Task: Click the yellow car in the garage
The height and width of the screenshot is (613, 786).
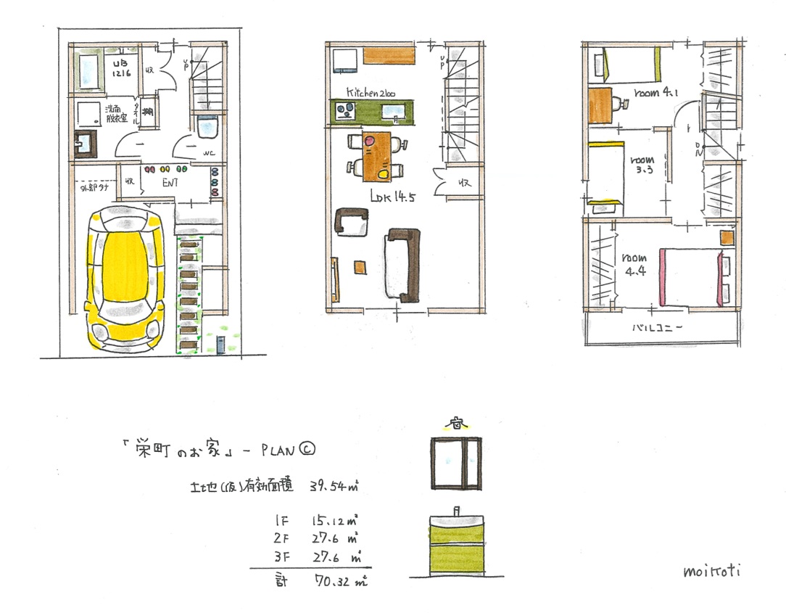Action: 123,276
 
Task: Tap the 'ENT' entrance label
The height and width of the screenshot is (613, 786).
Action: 170,183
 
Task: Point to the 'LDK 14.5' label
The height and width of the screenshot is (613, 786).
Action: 392,195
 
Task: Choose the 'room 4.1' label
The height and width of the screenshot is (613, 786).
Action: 655,93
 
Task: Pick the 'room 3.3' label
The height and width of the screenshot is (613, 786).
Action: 642,165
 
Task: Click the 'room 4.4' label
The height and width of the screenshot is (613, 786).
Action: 633,265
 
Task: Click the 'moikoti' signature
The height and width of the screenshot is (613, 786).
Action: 713,570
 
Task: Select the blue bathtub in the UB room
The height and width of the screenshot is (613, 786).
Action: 88,70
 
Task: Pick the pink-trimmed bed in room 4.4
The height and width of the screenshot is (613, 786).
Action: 689,276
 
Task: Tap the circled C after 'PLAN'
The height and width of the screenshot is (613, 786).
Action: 306,451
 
